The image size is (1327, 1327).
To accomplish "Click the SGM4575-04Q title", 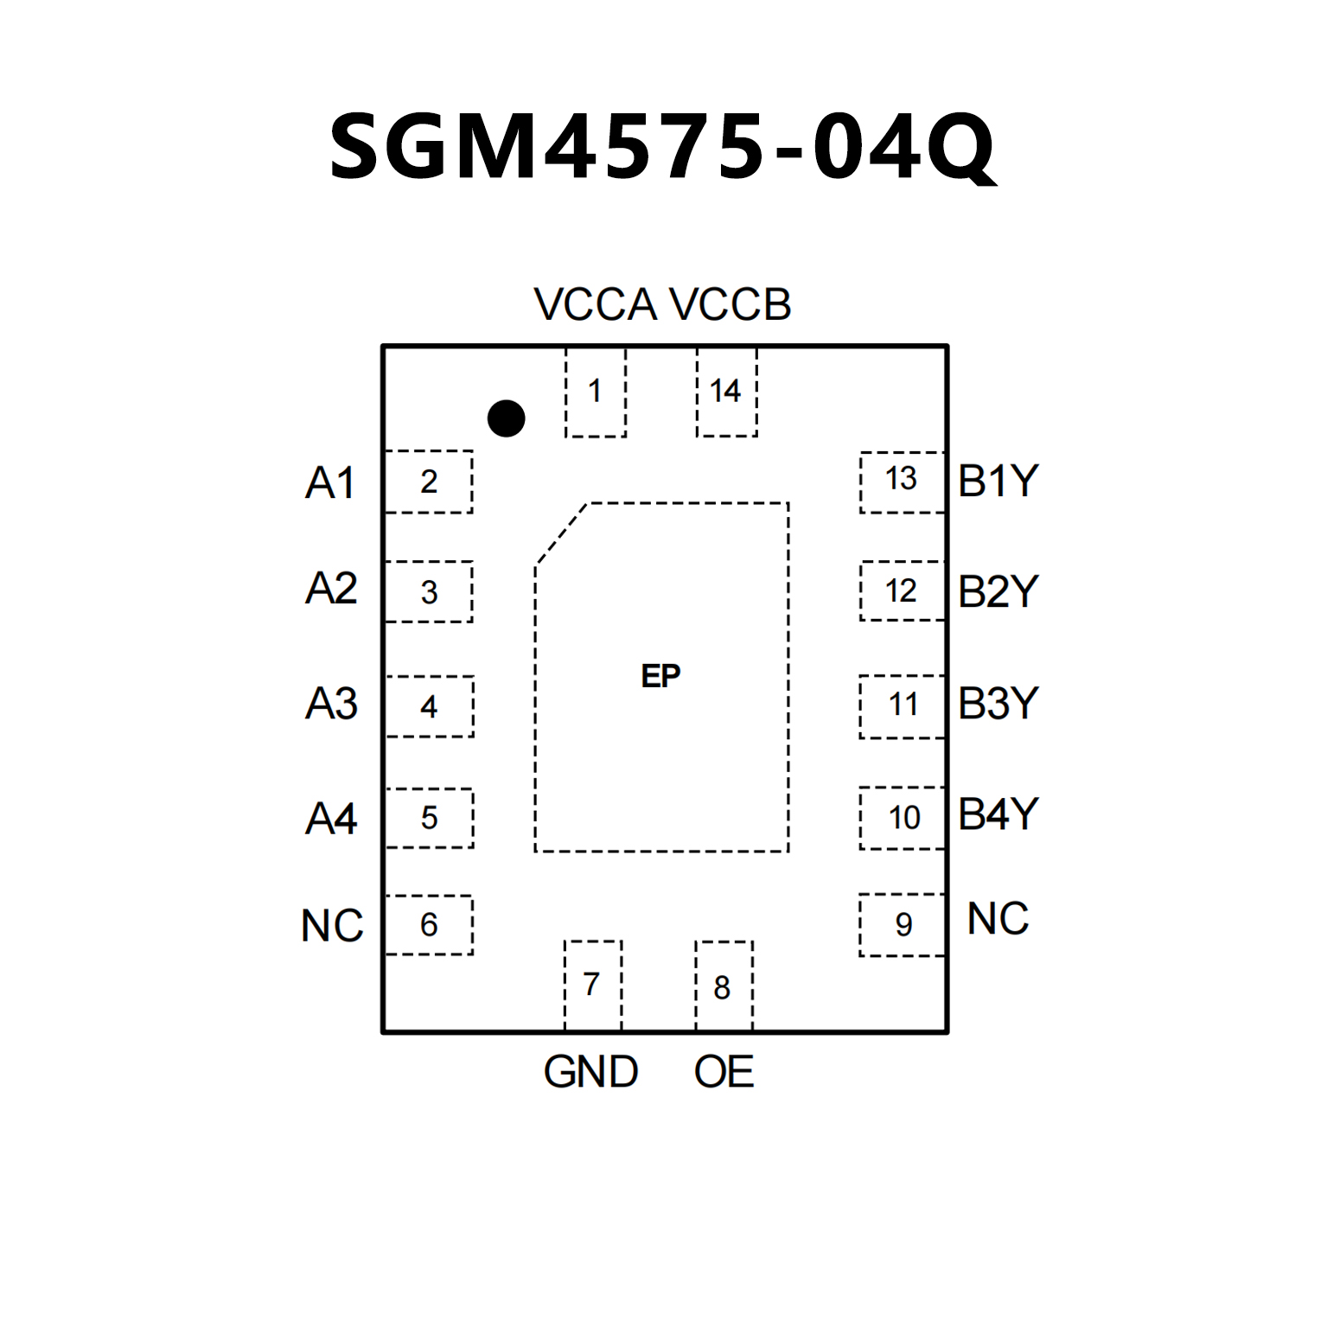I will (x=662, y=147).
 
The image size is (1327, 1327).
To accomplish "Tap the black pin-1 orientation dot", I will (x=506, y=418).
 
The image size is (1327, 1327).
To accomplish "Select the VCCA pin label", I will (x=596, y=304).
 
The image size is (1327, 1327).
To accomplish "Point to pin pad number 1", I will (x=595, y=392).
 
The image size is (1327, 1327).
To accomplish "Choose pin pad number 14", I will (x=725, y=392).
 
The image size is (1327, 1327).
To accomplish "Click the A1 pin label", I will (x=330, y=482).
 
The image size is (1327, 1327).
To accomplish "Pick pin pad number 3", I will (x=429, y=592).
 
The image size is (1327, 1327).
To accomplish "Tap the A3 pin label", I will (x=331, y=704).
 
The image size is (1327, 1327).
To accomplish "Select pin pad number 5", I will (x=430, y=818).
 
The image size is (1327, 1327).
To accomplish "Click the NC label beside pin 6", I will (x=332, y=926).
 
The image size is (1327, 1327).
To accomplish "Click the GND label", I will (x=590, y=1072).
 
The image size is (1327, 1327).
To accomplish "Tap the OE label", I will (x=724, y=1072).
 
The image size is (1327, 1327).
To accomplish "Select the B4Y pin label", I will (x=998, y=814).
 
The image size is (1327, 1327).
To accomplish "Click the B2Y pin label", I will (x=998, y=592).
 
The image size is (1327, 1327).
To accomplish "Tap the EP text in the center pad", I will (x=661, y=676).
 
